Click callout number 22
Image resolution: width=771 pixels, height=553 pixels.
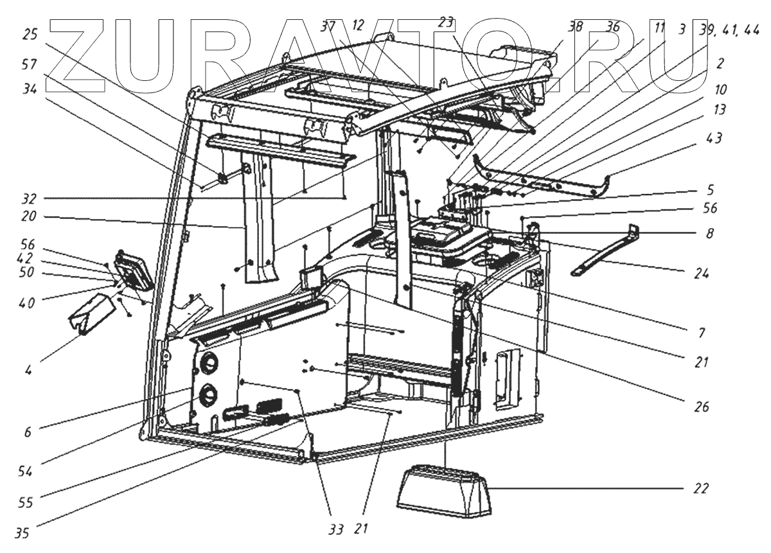pyautogui.click(x=700, y=488)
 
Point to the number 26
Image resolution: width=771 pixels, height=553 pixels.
pyautogui.click(x=700, y=407)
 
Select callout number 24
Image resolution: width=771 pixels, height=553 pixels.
pyautogui.click(x=701, y=273)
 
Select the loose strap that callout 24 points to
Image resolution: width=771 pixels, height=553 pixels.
pyautogui.click(x=604, y=251)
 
